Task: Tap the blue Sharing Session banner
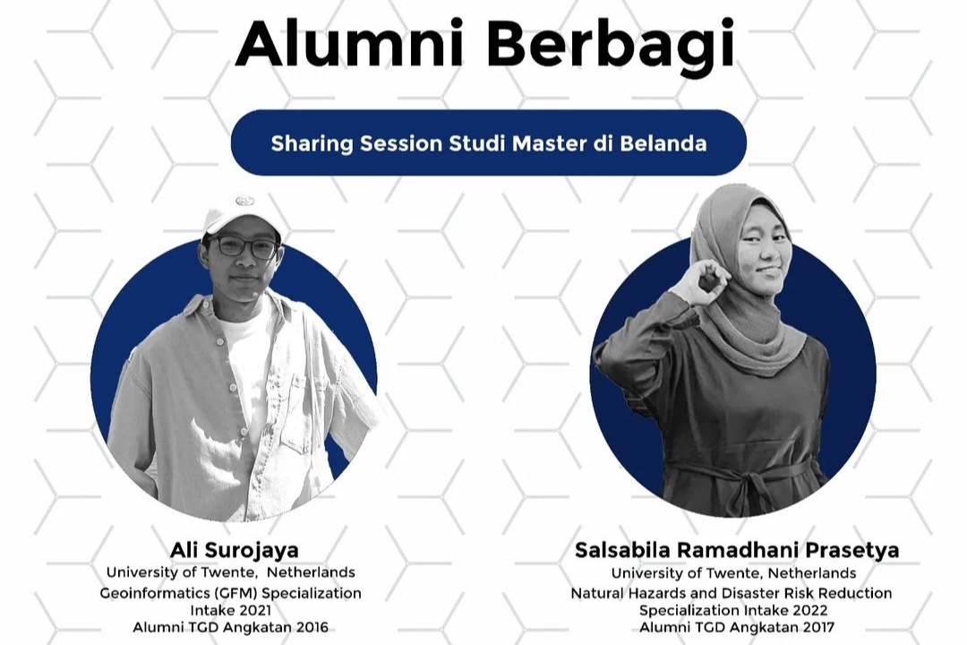[488, 142]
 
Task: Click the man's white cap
[240, 214]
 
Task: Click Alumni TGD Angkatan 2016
[230, 627]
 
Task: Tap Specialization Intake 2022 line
[733, 610]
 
